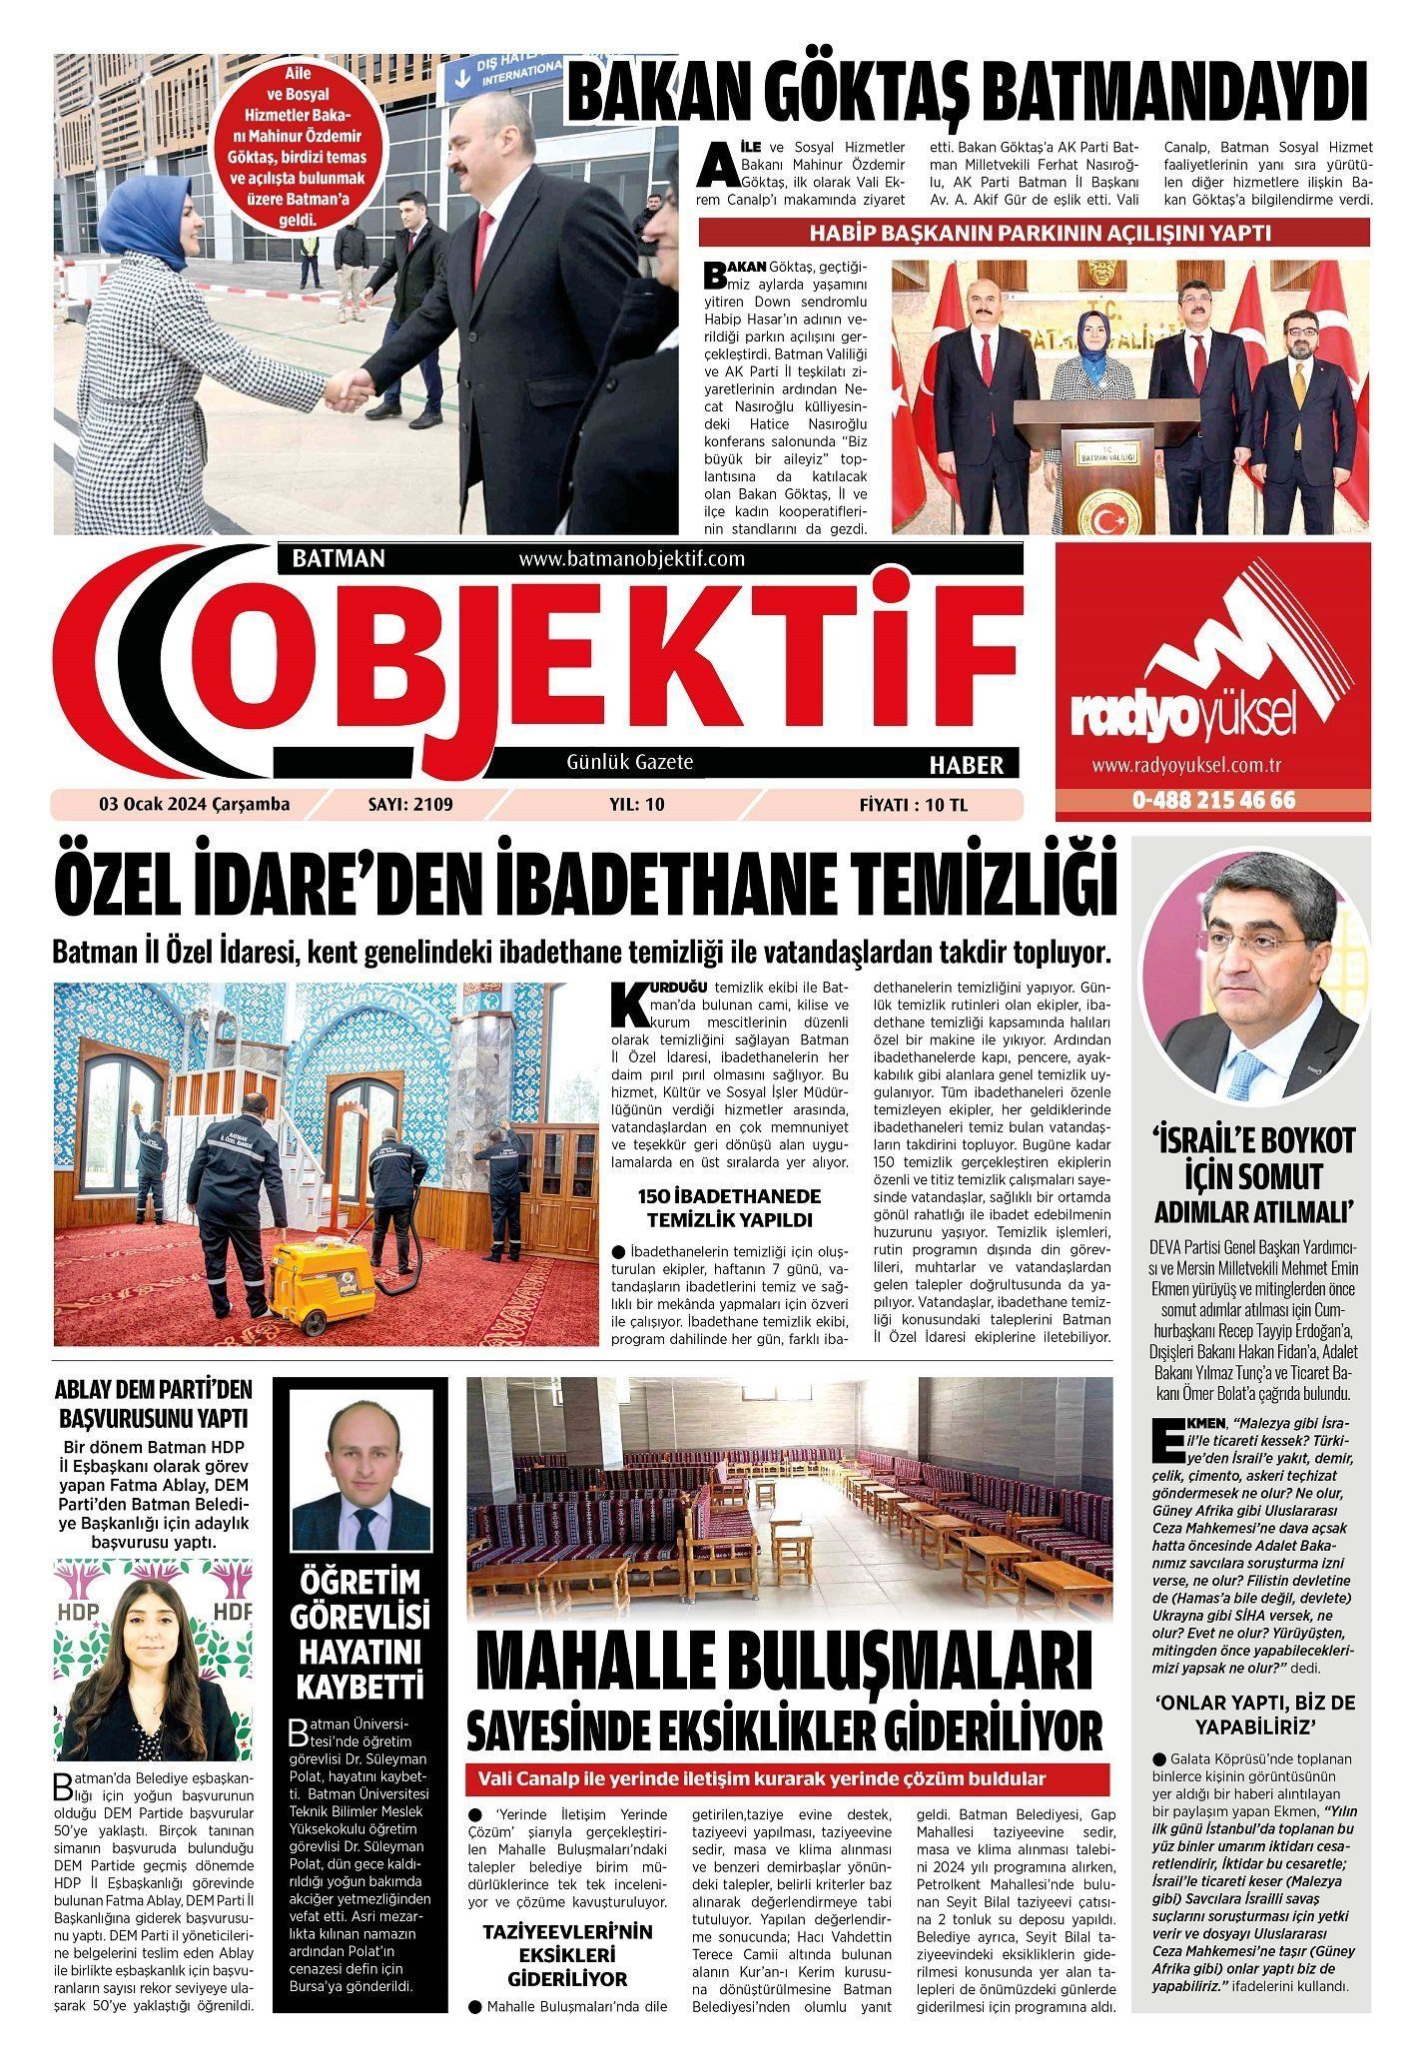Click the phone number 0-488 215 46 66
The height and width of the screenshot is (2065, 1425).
click(x=1213, y=800)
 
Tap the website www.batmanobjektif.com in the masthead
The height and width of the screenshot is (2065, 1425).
click(x=632, y=559)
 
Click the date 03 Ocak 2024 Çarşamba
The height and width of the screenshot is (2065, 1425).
click(x=194, y=804)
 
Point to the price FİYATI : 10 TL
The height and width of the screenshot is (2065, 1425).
click(x=914, y=804)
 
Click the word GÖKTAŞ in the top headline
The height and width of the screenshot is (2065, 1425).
click(x=859, y=95)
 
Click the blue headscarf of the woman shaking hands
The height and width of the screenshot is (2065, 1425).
click(x=146, y=218)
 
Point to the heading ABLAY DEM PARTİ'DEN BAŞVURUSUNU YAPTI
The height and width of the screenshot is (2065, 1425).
click(x=154, y=1404)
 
